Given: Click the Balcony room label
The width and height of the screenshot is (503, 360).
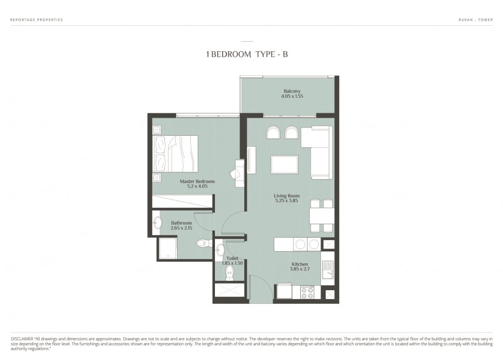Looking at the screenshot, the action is (292, 91).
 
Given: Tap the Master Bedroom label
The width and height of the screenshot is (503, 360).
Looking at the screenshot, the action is (197, 181).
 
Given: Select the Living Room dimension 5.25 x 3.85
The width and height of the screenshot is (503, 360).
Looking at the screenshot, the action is (286, 201).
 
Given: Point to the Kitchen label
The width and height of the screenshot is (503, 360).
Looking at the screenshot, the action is (300, 264).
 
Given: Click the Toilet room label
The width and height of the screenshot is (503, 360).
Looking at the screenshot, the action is (232, 258).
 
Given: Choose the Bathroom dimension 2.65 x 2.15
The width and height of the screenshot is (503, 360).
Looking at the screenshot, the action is (181, 228).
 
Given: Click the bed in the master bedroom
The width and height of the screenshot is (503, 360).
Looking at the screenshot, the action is (175, 154).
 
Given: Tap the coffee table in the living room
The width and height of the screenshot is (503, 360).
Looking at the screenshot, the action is (285, 164).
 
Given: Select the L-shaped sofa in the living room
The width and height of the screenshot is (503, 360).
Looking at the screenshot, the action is (316, 152).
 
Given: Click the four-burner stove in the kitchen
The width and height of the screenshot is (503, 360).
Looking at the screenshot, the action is (307, 292).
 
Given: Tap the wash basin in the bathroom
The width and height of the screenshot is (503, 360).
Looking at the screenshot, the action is (158, 223).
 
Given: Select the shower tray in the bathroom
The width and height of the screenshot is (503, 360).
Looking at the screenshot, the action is (167, 248).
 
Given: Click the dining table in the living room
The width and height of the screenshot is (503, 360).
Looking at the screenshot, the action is (322, 215).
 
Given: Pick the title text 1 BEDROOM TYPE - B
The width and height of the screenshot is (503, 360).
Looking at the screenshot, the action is (247, 54).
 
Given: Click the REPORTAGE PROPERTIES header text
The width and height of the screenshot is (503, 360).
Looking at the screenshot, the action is (37, 20).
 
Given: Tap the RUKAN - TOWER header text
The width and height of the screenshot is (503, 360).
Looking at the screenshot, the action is (476, 20).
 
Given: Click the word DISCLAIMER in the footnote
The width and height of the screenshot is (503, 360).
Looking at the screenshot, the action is (22, 339).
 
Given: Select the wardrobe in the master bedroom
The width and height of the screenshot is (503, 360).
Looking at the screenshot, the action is (183, 201).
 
